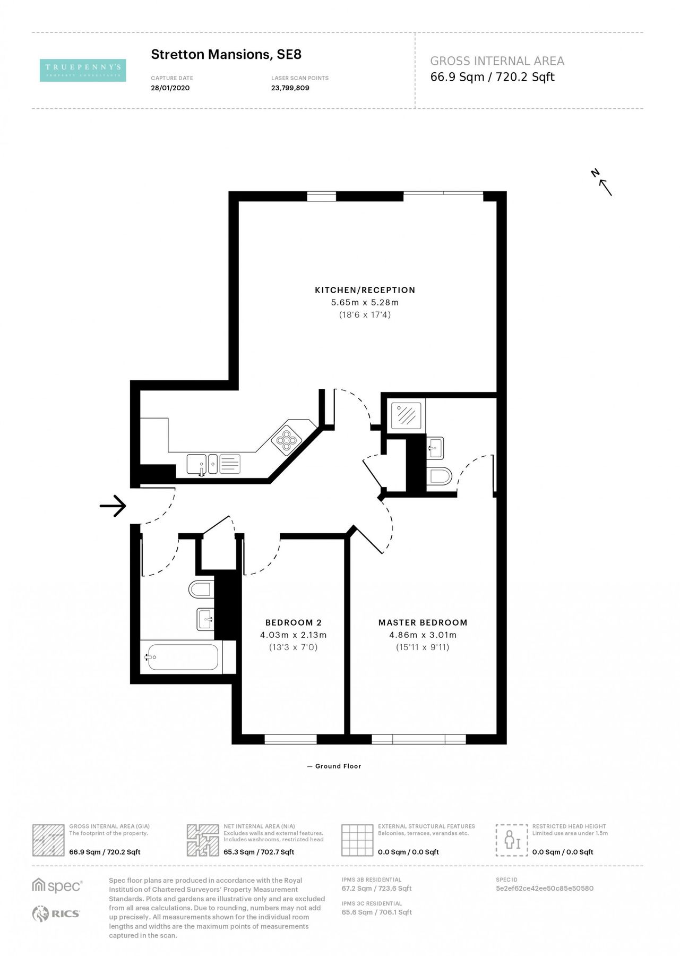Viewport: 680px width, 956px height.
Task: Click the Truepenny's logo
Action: pos(83,70)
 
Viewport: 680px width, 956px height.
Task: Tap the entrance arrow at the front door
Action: pos(113,506)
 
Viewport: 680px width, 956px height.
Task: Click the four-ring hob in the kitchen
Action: pos(286,439)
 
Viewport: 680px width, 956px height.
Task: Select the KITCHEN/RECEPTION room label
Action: pos(365,290)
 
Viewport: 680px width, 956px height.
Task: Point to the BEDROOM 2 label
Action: pos(293,622)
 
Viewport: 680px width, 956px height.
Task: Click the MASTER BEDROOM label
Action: pos(423,622)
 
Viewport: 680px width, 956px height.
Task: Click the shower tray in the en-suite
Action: pos(407,415)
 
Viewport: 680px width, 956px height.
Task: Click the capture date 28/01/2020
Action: pos(170,88)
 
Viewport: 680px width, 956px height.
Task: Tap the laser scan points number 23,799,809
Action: pos(290,88)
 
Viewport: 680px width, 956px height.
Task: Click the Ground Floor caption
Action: pos(338,766)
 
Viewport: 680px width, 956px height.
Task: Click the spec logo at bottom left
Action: pos(57,886)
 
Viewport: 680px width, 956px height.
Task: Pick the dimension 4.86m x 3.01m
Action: pos(423,635)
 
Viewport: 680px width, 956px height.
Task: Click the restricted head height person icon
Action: pos(512,840)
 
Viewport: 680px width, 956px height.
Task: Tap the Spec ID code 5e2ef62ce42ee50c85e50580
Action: pos(544,888)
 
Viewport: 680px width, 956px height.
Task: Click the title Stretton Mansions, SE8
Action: pos(226,54)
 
